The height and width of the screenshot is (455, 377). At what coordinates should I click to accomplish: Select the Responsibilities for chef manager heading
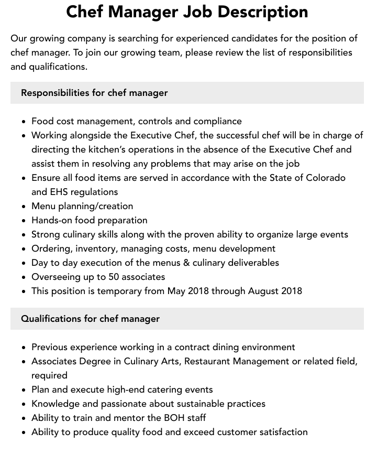tap(94, 93)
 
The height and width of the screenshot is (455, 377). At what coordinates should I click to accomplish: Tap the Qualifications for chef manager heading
tap(90, 319)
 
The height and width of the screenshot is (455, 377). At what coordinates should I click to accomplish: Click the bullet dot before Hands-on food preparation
tap(24, 221)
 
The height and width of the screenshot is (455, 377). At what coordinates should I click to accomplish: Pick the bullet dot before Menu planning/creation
tap(24, 207)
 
